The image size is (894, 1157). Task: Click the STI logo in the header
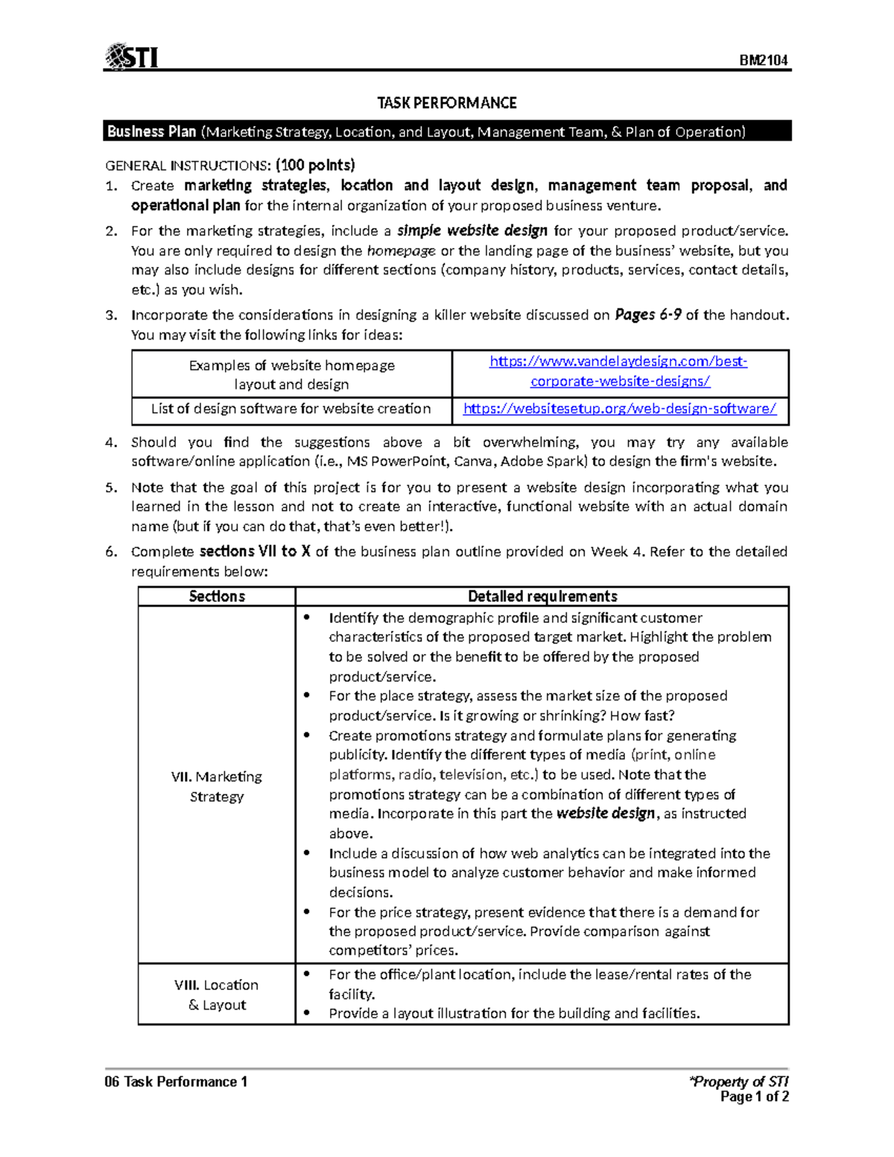[132, 57]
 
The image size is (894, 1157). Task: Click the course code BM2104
[764, 60]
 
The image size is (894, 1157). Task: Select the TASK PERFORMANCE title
[446, 103]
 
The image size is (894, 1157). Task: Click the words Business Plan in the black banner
[151, 132]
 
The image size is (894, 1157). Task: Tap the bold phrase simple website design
[472, 230]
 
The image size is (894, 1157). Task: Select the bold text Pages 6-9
[647, 314]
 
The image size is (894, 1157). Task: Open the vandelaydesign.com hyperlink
[619, 371]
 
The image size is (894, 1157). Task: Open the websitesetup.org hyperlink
[620, 408]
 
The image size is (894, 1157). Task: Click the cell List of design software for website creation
[291, 408]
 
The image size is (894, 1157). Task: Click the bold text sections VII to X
[255, 551]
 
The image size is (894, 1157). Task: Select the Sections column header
[217, 596]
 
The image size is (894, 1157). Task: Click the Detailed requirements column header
[542, 596]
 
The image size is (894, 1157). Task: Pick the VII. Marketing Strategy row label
[217, 786]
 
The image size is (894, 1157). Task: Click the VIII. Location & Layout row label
[217, 995]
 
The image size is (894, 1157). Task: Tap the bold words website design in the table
[606, 814]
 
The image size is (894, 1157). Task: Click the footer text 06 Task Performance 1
[176, 1082]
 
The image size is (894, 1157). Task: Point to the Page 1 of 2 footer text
[755, 1097]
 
